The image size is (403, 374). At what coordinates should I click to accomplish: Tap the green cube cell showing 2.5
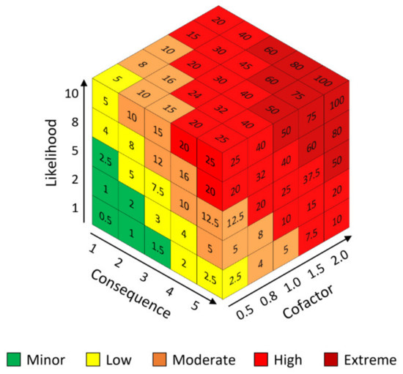pyautogui.click(x=106, y=159)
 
